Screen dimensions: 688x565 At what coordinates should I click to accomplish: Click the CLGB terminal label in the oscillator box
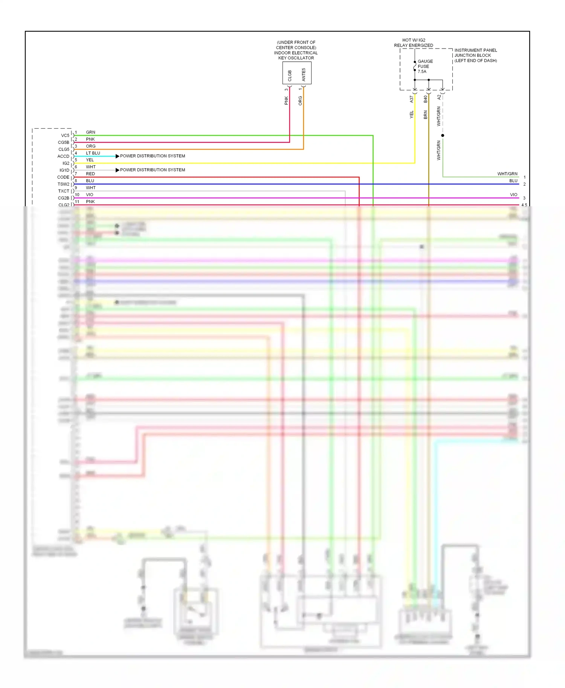(x=290, y=76)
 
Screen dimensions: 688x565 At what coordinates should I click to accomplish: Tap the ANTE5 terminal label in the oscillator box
(x=304, y=75)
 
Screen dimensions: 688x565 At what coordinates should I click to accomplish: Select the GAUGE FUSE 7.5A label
(x=425, y=66)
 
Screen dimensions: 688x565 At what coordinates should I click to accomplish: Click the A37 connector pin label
(x=411, y=99)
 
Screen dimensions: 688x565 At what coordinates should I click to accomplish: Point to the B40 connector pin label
(x=425, y=99)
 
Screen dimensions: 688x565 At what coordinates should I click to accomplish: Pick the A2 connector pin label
(x=439, y=97)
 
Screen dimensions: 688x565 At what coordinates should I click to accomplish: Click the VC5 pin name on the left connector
(x=65, y=135)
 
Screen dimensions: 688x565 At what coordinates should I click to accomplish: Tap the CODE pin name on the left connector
(x=63, y=177)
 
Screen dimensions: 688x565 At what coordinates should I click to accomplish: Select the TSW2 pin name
(x=63, y=184)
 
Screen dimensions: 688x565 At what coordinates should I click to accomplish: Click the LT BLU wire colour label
(x=93, y=153)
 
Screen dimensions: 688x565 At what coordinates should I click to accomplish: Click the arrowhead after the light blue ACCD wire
(x=117, y=156)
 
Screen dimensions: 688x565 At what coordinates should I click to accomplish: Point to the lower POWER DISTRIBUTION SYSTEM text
(x=153, y=170)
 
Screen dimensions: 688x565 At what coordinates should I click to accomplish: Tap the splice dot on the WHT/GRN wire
(x=443, y=135)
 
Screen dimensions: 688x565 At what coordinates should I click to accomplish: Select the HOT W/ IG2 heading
(x=414, y=40)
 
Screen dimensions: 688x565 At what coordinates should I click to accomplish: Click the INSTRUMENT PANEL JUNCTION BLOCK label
(x=475, y=55)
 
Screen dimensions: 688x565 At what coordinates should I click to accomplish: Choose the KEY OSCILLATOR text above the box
(x=296, y=58)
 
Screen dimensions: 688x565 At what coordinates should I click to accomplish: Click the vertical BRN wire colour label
(x=425, y=115)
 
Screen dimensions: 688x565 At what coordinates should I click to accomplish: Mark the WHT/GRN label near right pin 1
(x=507, y=174)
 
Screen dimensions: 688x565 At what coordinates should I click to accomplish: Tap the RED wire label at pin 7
(x=90, y=174)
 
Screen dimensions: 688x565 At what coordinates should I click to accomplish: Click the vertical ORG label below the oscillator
(x=300, y=100)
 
